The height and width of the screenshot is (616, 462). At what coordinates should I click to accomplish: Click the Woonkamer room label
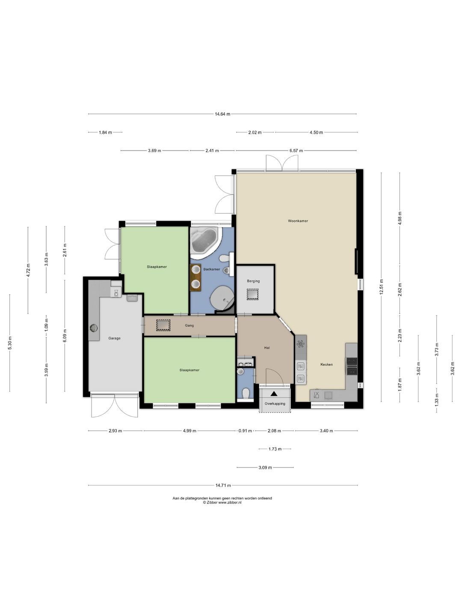[x=298, y=221]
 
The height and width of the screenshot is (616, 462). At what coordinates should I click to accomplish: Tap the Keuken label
[x=326, y=364]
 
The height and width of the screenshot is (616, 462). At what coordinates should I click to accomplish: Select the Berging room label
[x=253, y=281]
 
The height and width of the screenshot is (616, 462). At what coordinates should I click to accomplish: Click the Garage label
[x=115, y=338]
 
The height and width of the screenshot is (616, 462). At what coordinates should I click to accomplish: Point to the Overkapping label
[x=275, y=403]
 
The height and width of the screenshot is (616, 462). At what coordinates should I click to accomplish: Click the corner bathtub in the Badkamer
[x=204, y=242]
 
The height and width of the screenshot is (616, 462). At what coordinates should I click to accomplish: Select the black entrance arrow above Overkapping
[x=274, y=394]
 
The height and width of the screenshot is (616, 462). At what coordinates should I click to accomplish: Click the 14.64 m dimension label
[x=222, y=114]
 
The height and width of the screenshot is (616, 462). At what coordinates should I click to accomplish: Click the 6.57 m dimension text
[x=296, y=151]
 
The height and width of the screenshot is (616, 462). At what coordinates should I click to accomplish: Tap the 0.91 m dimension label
[x=245, y=431]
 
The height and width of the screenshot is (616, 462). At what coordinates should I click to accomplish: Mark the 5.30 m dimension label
[x=10, y=343]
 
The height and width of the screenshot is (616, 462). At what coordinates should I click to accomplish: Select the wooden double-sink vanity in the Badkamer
[x=195, y=278]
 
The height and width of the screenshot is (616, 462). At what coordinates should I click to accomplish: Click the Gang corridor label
[x=190, y=326]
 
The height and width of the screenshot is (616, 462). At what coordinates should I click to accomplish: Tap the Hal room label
[x=267, y=348]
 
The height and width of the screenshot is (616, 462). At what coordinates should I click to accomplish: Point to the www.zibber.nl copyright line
[x=222, y=503]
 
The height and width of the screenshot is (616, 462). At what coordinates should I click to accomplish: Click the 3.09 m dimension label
[x=265, y=468]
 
